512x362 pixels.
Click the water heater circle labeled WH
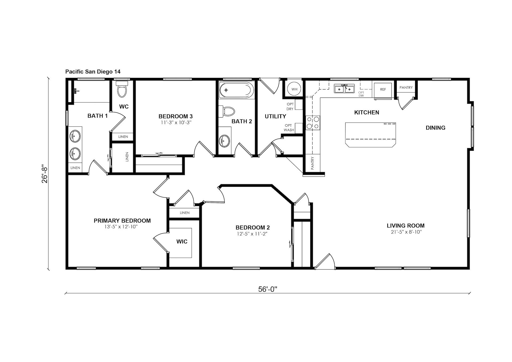pyautogui.click(x=294, y=89)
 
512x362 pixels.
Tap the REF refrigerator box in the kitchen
pyautogui.click(x=383, y=90)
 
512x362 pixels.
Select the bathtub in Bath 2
pyautogui.click(x=236, y=90)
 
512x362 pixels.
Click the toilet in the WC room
pyautogui.click(x=122, y=90)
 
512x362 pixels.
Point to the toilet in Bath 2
pyautogui.click(x=226, y=111)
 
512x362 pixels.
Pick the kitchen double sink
pyautogui.click(x=344, y=89)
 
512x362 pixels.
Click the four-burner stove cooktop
pyautogui.click(x=313, y=123)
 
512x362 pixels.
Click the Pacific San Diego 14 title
pyautogui.click(x=93, y=72)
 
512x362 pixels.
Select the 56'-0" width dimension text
pyautogui.click(x=268, y=289)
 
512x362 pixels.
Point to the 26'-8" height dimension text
pyautogui.click(x=45, y=175)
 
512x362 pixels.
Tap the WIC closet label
pyautogui.click(x=182, y=242)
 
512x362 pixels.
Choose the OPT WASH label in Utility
pyautogui.click(x=289, y=128)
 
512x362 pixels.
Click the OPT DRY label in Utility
pyautogui.click(x=290, y=106)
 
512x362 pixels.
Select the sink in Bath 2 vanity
pyautogui.click(x=225, y=140)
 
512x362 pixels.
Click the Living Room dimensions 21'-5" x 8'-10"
pyautogui.click(x=406, y=232)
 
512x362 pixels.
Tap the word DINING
pyautogui.click(x=435, y=128)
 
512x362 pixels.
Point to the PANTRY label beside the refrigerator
pyautogui.click(x=406, y=87)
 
